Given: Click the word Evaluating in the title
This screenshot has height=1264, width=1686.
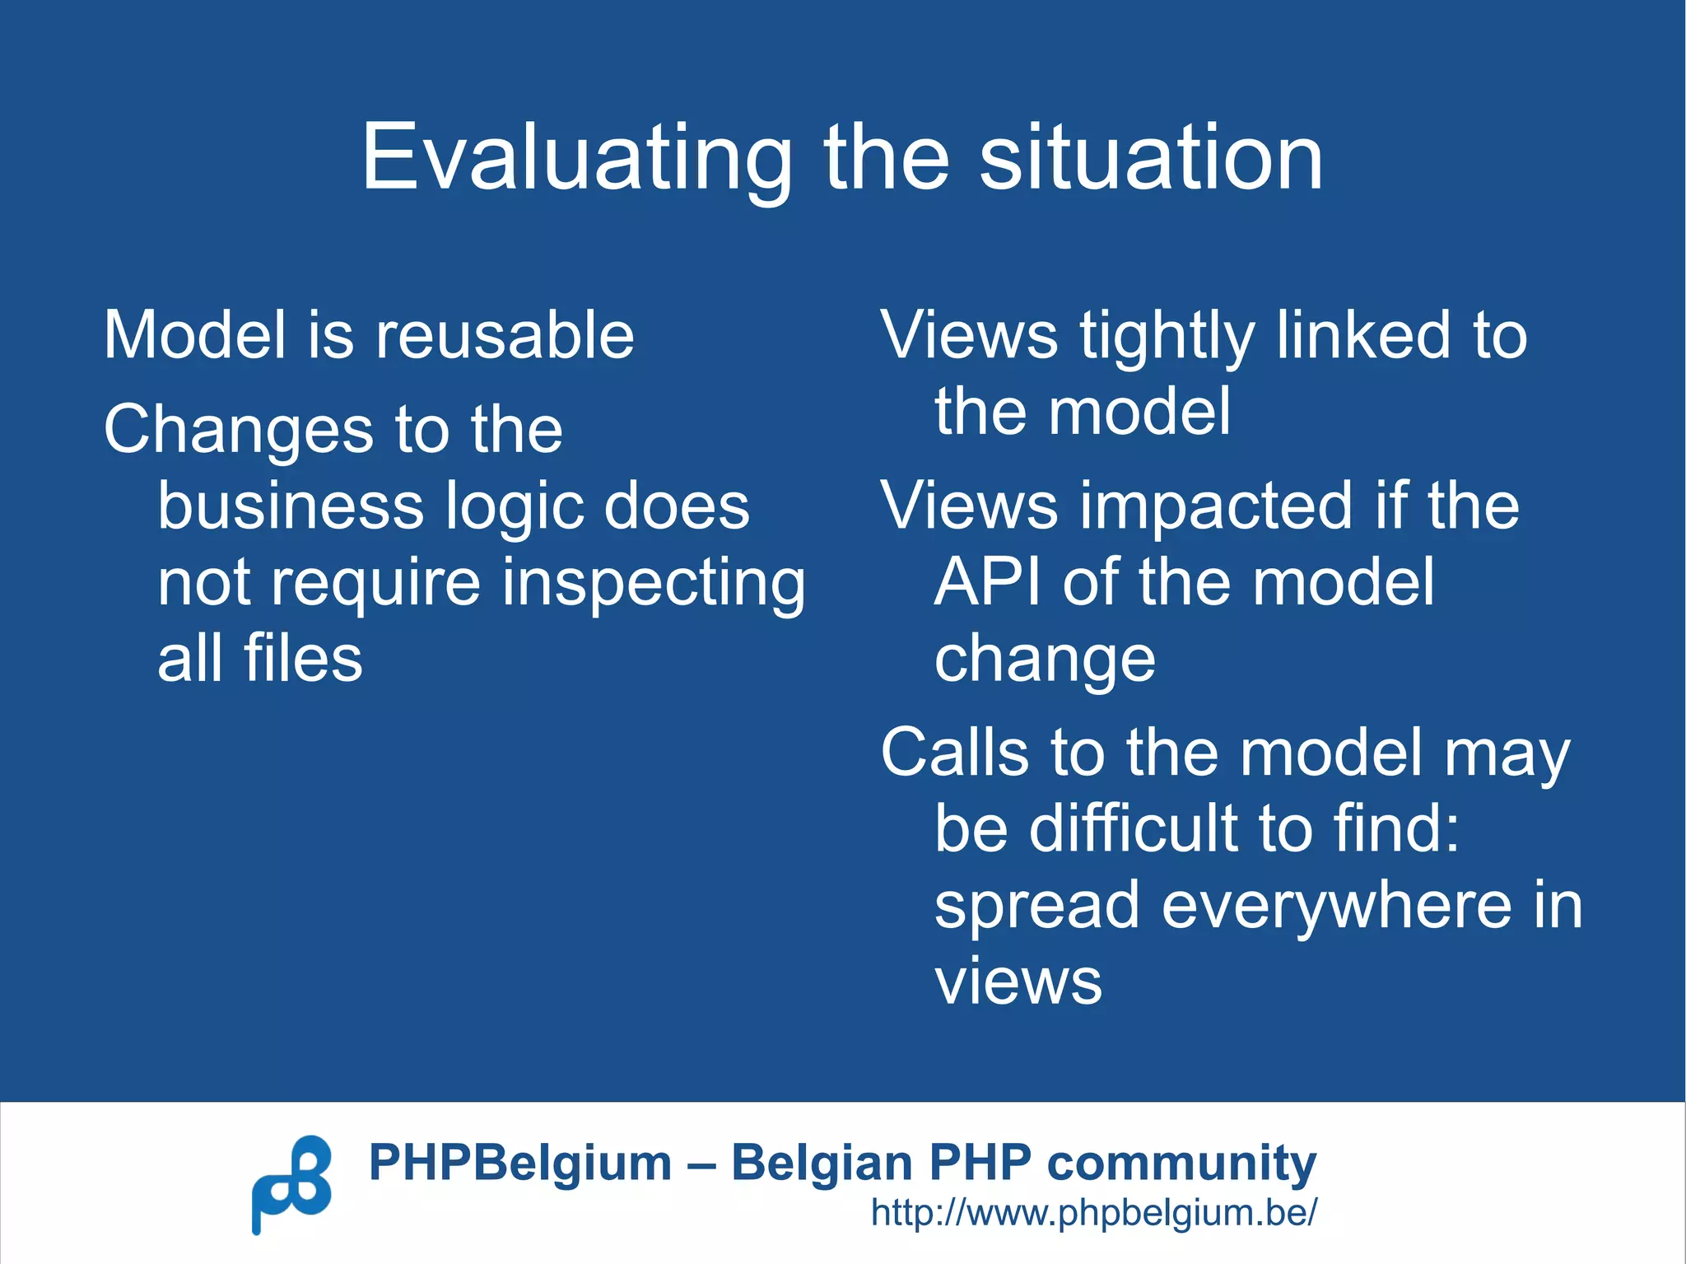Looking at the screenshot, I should click(x=576, y=158).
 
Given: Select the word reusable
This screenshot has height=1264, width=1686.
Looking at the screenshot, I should click(x=505, y=335).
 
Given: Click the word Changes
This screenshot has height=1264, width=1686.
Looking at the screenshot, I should click(x=238, y=431).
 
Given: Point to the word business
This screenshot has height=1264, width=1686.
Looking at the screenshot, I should click(x=290, y=506).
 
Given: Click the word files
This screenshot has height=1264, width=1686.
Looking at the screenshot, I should click(x=302, y=659).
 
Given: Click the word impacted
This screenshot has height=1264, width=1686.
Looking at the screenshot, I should click(x=1216, y=507).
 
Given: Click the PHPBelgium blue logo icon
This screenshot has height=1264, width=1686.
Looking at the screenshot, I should click(x=291, y=1184).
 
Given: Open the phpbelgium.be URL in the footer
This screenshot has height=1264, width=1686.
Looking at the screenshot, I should click(x=1094, y=1213).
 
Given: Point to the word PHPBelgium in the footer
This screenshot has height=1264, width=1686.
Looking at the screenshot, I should click(x=519, y=1164).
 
